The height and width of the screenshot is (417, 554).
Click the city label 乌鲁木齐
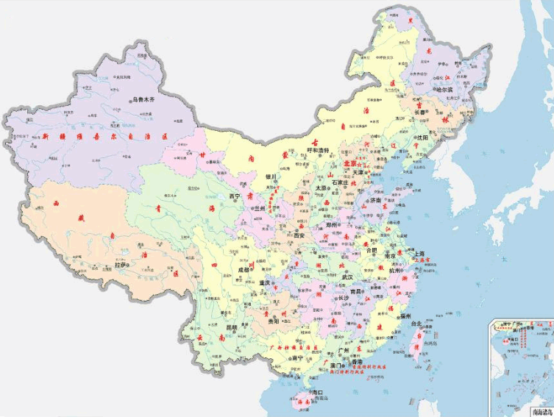click(x=145, y=99)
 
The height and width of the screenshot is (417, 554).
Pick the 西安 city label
click(x=302, y=236)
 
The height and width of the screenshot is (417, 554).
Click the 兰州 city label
click(x=258, y=208)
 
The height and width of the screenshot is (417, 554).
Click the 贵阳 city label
click(x=274, y=321)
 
